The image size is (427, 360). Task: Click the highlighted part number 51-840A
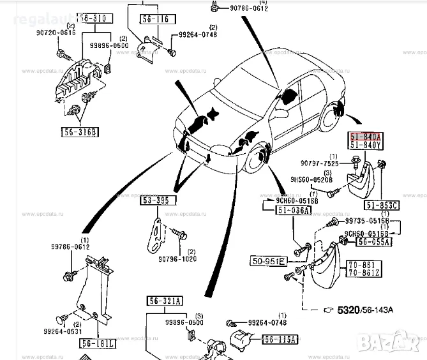tap(366, 137)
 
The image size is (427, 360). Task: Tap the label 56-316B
tap(82, 132)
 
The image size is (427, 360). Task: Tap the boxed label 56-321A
tap(165, 301)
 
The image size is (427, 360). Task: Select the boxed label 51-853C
tap(382, 205)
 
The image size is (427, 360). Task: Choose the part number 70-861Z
tap(364, 273)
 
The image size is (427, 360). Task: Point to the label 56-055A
tap(374, 242)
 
